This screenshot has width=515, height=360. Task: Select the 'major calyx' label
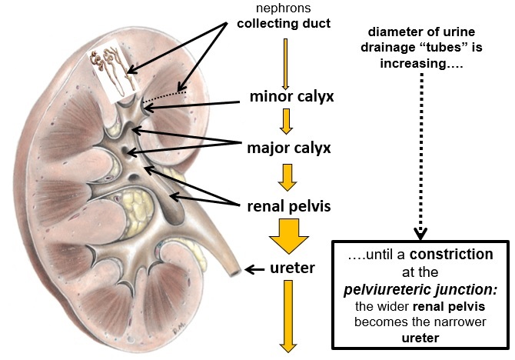pyautogui.click(x=289, y=147)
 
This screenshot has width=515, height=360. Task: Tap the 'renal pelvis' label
pyautogui.click(x=289, y=206)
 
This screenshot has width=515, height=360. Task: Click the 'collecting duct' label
pyautogui.click(x=284, y=24)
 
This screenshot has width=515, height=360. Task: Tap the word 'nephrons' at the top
pyautogui.click(x=284, y=8)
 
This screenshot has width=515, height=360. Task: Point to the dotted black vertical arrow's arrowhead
pyautogui.click(x=420, y=232)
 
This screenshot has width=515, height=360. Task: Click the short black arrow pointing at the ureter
pyautogui.click(x=254, y=270)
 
